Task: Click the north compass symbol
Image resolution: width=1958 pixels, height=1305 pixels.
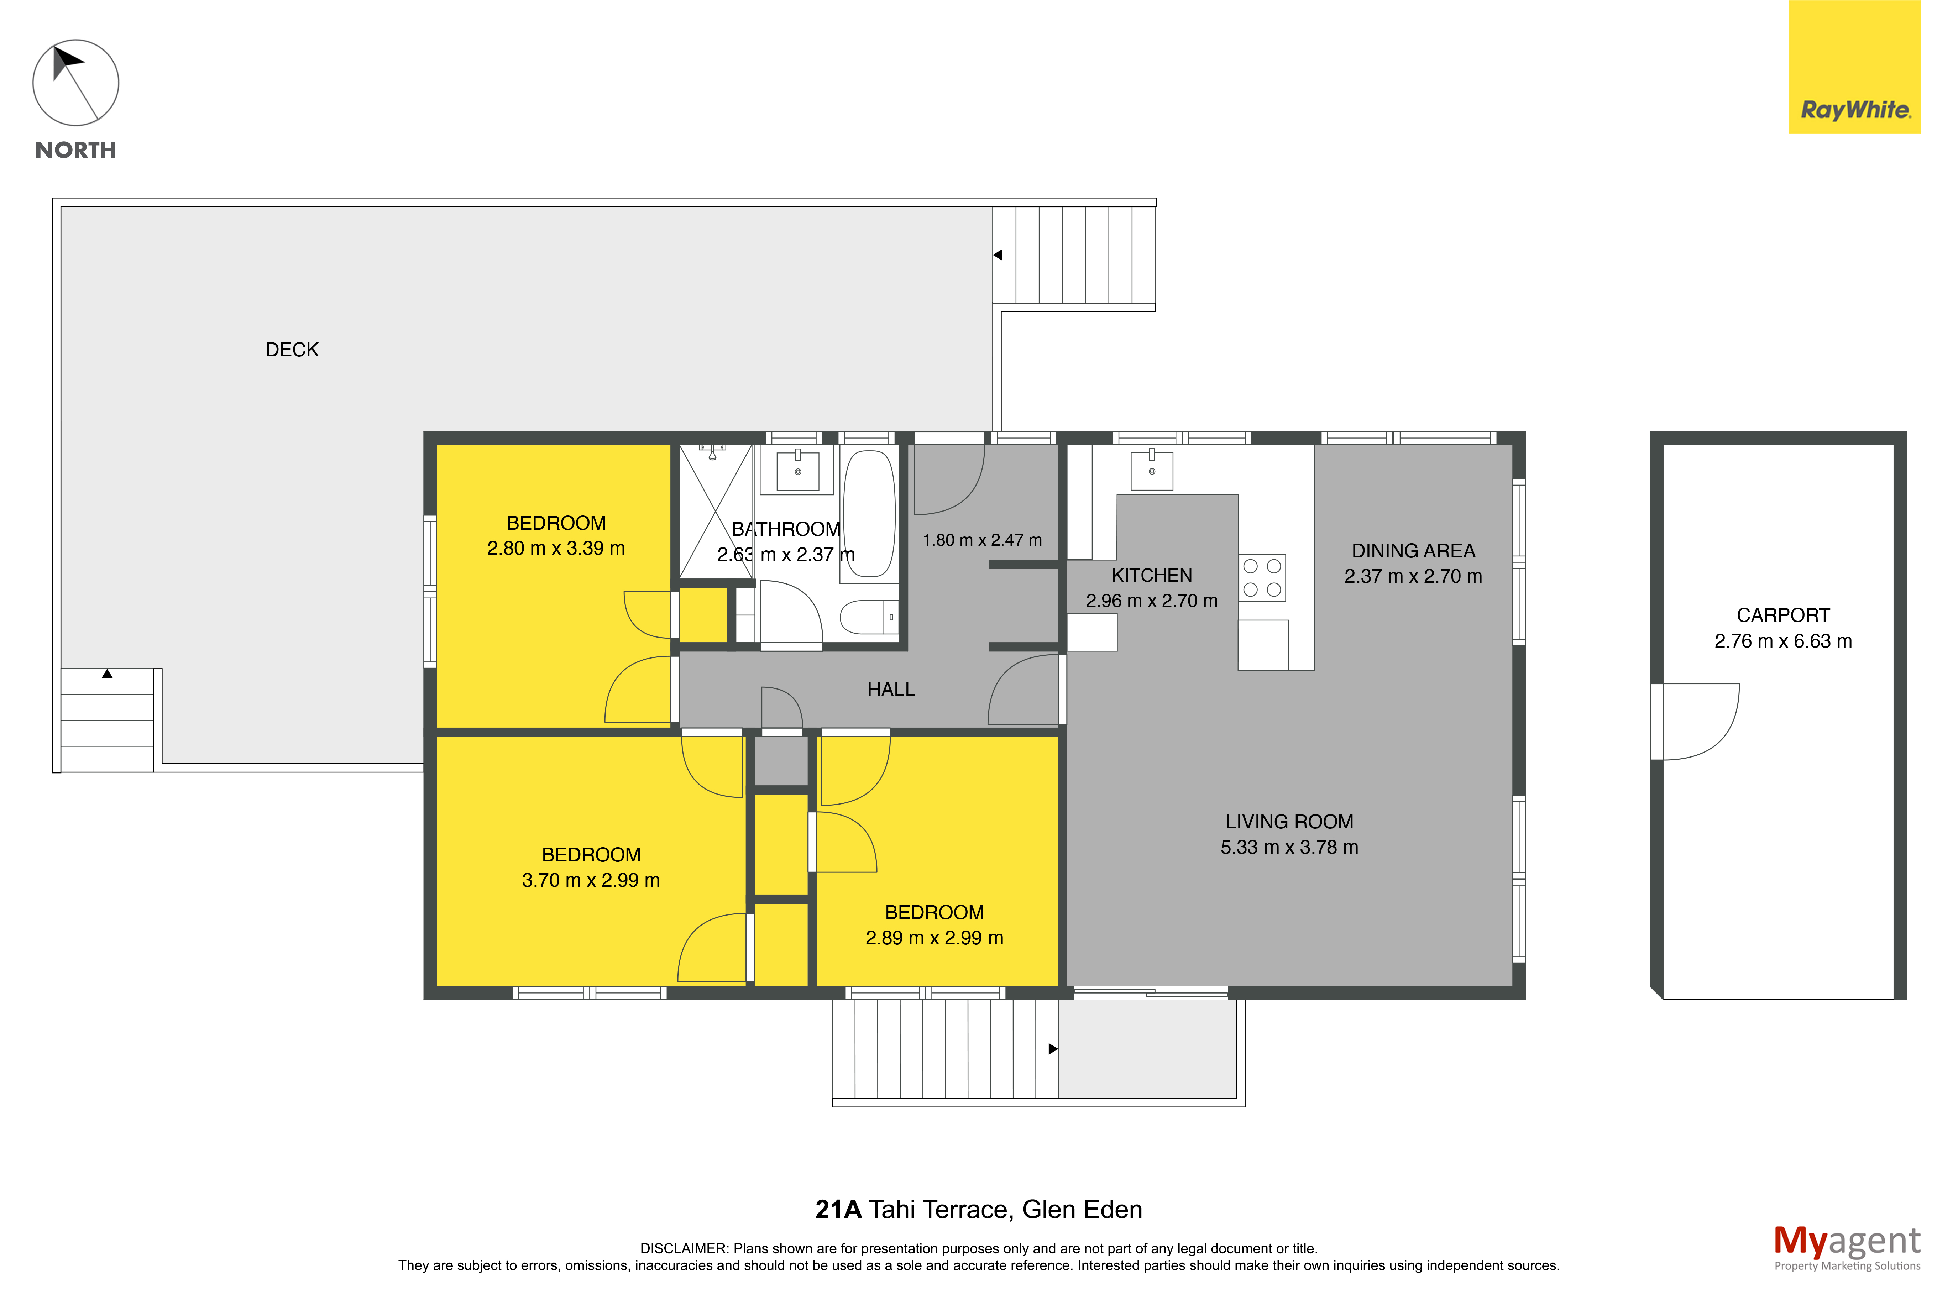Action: [x=76, y=83]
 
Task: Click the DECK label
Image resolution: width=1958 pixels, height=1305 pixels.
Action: [x=292, y=350]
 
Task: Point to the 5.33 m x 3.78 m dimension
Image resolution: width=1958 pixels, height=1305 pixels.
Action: [x=1289, y=847]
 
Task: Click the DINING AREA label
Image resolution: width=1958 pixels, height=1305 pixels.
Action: [x=1413, y=551]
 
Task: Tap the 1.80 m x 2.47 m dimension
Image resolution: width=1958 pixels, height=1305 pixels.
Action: [x=982, y=540]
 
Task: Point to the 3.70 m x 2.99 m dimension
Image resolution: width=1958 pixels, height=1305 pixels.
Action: [x=591, y=881]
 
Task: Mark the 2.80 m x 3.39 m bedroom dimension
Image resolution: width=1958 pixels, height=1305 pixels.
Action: [x=556, y=549]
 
